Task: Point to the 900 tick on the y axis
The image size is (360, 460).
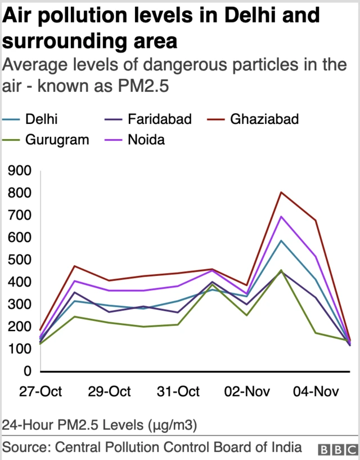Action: (20, 171)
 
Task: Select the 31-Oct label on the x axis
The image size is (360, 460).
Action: (177, 391)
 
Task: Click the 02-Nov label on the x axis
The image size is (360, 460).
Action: (246, 391)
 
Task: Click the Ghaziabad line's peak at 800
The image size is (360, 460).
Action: (281, 193)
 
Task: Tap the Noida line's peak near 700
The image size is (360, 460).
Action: (281, 217)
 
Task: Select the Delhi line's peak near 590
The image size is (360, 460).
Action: (281, 240)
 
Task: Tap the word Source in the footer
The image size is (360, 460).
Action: (25, 448)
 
